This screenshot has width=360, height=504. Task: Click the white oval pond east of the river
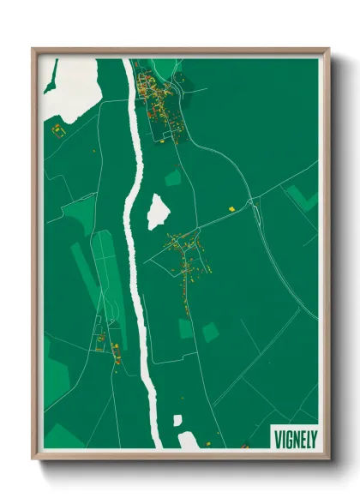(x=158, y=212)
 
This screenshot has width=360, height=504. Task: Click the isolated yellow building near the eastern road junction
(x=231, y=207)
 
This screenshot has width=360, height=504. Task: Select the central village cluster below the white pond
(x=184, y=257)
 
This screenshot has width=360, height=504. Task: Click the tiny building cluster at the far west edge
(x=57, y=129)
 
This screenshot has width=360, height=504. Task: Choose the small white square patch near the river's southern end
(x=178, y=421)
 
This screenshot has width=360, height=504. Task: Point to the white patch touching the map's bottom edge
(x=189, y=441)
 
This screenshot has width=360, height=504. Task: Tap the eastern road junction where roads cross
(x=254, y=203)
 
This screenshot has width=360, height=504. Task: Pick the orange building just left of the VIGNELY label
(x=245, y=445)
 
